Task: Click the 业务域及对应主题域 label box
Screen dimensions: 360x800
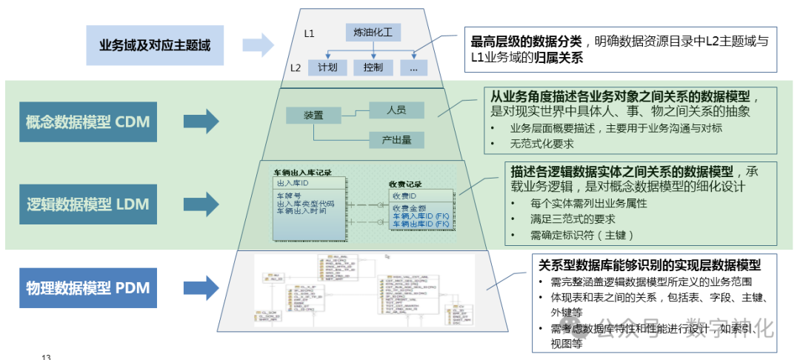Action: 155,45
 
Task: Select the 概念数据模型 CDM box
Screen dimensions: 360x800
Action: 88,121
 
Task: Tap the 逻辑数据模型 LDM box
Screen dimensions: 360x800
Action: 88,204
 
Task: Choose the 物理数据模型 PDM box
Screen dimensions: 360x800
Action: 88,287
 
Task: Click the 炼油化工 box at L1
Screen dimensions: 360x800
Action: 373,33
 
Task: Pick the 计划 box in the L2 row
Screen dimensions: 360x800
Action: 327,67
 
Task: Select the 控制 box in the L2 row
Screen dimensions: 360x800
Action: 373,67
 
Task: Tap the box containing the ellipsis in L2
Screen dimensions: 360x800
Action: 413,67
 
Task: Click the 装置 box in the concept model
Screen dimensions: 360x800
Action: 313,116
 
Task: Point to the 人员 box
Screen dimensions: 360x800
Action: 396,110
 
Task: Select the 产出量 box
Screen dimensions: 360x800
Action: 396,139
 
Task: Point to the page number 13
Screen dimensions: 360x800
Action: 46,357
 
